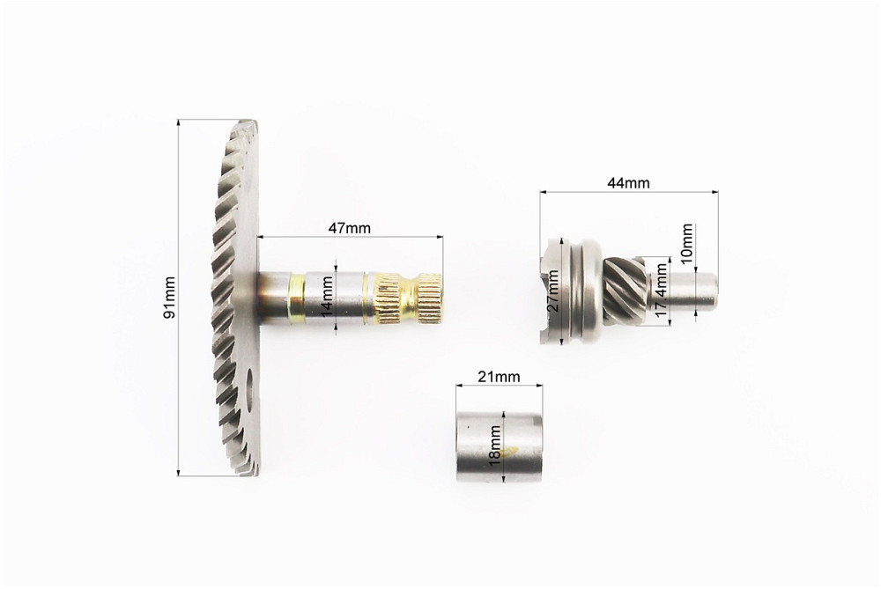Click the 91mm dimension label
(169, 298)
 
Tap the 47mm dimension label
(349, 228)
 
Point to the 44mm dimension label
(628, 183)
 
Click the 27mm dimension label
(553, 291)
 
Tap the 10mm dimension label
(686, 241)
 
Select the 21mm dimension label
(499, 377)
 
